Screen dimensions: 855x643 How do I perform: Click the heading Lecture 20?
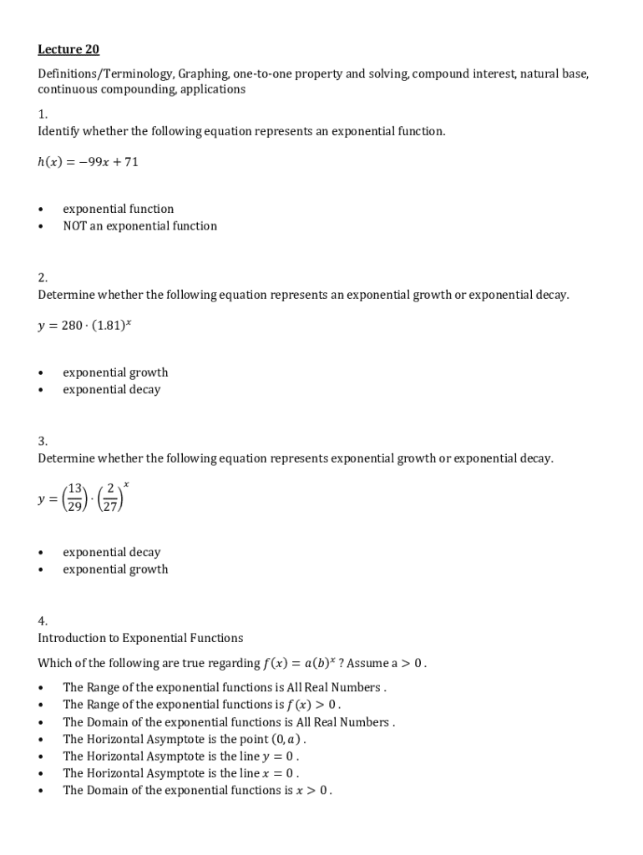tap(68, 49)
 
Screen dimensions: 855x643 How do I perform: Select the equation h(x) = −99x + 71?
tap(88, 162)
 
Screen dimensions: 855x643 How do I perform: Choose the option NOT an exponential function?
tap(139, 226)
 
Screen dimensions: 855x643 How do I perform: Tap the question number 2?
tap(43, 277)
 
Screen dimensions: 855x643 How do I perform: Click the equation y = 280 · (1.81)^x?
tap(84, 325)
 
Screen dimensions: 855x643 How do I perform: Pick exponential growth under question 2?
tap(115, 372)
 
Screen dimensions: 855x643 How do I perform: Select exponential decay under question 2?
tap(111, 390)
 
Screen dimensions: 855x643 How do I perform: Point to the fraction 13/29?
tap(75, 498)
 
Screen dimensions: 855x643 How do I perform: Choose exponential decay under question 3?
tap(111, 553)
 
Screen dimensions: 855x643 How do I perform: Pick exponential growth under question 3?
tap(115, 569)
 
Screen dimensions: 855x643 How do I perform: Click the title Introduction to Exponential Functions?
tap(140, 638)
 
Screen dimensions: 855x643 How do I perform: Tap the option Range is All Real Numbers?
tap(224, 688)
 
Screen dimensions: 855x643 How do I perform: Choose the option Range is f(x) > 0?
tap(201, 705)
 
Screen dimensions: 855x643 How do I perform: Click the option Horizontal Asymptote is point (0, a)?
tap(185, 739)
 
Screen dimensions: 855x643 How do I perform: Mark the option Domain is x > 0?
tap(197, 791)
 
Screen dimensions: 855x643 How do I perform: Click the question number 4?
tap(43, 620)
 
